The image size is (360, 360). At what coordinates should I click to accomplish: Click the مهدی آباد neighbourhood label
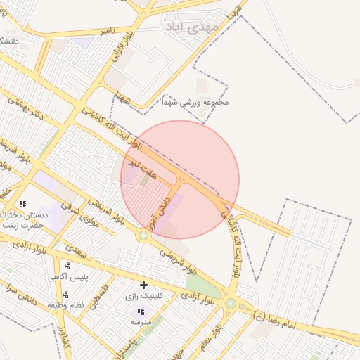[x=191, y=26]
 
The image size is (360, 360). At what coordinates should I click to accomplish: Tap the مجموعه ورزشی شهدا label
[x=205, y=103]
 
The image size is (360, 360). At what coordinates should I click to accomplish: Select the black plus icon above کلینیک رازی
[x=144, y=285]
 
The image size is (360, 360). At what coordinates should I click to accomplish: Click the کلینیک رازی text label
[x=143, y=296]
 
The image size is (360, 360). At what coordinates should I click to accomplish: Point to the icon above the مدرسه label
[x=141, y=311]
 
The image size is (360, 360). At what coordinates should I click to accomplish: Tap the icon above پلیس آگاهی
[x=67, y=266]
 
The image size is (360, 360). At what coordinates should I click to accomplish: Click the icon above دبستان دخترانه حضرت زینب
[x=23, y=204]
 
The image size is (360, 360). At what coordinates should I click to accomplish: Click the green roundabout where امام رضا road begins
[x=231, y=303]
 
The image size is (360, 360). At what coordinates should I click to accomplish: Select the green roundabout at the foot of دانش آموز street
[x=143, y=236]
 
